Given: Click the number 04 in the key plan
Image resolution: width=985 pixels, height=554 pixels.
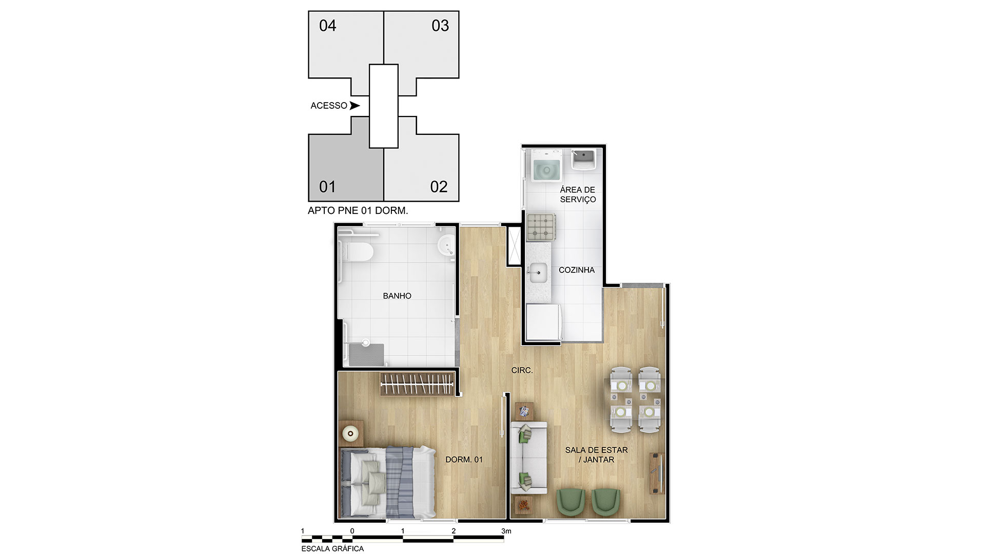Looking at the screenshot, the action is pos(327,26).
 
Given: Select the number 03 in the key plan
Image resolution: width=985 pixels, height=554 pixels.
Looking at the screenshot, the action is pos(440,26).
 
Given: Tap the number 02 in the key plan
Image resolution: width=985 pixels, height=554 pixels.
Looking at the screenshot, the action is pos(439,187).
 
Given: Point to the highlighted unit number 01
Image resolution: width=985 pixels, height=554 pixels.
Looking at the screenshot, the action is pos(327,187).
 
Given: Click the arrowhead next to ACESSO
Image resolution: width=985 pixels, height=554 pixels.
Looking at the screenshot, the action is pos(354,106).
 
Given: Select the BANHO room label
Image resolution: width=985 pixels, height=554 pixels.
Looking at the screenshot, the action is pos(397,296).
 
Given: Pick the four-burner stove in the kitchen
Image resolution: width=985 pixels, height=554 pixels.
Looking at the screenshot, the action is pos(541,227).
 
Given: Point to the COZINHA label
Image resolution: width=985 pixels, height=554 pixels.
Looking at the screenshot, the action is pos(577,270).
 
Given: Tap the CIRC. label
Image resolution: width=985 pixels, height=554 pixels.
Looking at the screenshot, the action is pos(522,370).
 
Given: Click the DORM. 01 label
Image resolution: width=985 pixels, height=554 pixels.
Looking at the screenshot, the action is pos(464,460).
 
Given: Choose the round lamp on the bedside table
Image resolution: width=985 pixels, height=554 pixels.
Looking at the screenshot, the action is pos(351,434).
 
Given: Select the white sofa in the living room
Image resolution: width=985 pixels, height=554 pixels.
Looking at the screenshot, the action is pos(529,458).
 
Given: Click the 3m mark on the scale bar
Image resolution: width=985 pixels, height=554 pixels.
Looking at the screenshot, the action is pos(506,531).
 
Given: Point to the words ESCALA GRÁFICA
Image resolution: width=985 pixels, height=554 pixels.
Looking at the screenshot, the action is pos(332,549).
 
